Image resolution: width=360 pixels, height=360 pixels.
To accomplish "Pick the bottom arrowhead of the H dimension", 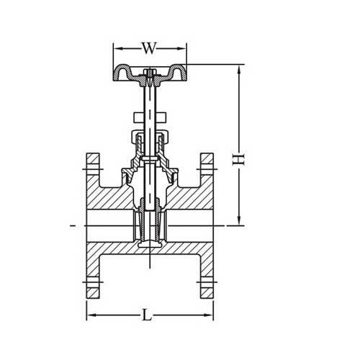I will point(239,222).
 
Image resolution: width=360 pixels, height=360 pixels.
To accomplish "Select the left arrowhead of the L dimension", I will point(90,315).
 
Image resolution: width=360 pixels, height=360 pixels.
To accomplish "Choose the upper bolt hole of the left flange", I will point(93,170).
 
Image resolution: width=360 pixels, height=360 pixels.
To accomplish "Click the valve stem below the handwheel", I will point(150,108).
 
